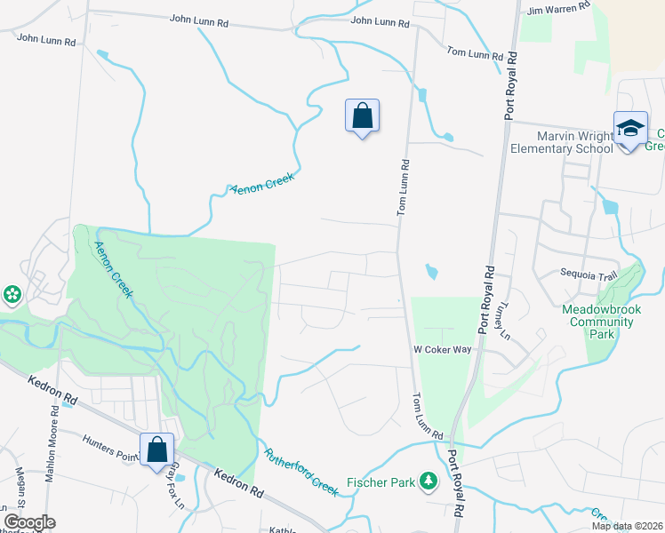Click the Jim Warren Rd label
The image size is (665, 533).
[558, 9]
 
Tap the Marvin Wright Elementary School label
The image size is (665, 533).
[574, 142]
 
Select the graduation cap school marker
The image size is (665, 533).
[630, 130]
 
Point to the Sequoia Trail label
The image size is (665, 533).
[588, 275]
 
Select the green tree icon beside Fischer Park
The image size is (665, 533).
[429, 481]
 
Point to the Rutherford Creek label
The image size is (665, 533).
[301, 471]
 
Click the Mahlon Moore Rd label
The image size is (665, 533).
[55, 435]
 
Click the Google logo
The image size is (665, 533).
[29, 522]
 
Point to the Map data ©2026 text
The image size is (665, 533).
[626, 526]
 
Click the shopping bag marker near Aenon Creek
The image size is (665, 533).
[362, 116]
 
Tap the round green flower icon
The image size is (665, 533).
[12, 293]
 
